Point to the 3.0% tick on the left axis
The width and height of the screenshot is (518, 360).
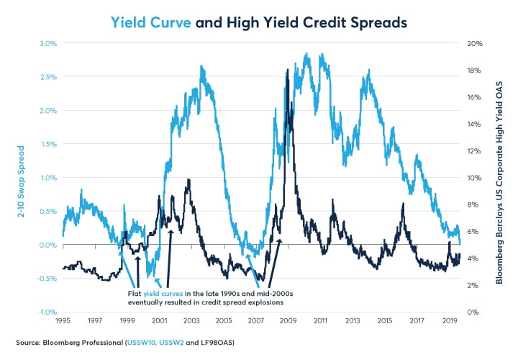(47, 43)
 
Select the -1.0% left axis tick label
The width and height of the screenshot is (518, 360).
(45, 312)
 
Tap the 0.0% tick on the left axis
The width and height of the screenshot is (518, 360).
(47, 245)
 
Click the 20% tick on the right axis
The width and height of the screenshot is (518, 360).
(472, 43)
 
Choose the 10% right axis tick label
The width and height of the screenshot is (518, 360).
(472, 178)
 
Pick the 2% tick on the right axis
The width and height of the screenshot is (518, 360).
(471, 286)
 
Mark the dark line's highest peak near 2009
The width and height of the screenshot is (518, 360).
(288, 70)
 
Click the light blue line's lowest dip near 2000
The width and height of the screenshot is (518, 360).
(150, 276)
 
